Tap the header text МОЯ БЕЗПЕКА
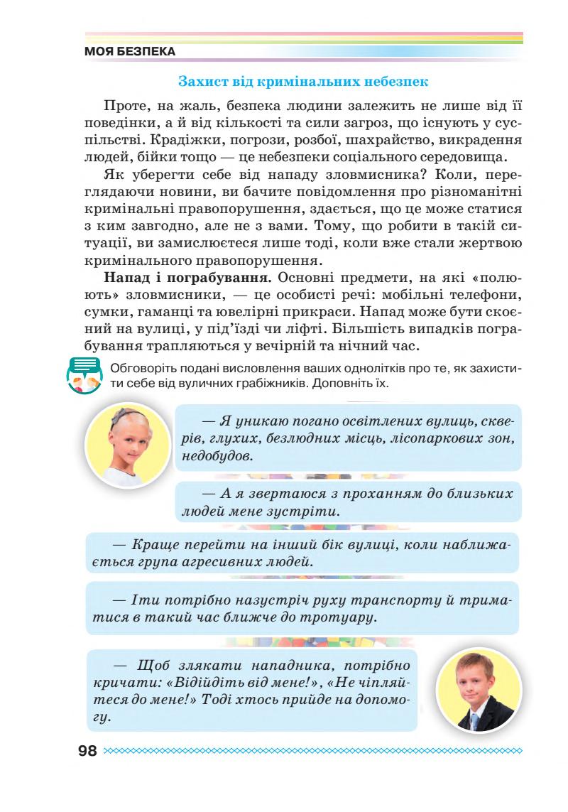130,52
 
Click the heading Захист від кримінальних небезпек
303,81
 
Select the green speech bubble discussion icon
87,375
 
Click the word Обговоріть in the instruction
141,367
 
